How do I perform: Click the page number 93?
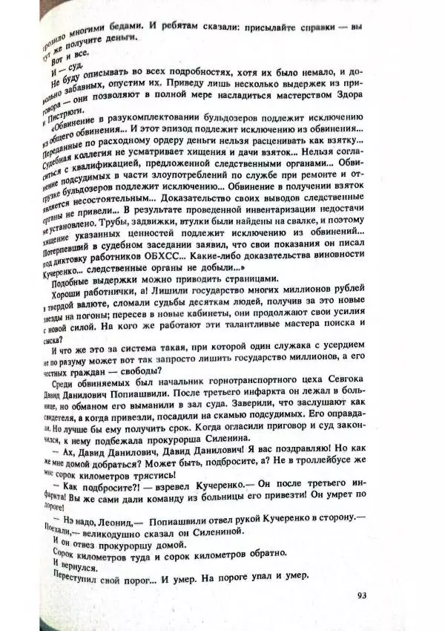pos(361,593)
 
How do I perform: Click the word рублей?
pos(342,290)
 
